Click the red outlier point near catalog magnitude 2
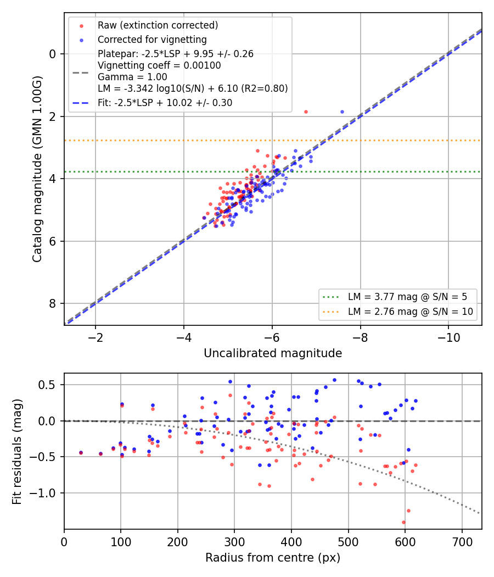[x=306, y=112]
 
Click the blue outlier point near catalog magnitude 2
[x=342, y=112]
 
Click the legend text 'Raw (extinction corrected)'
[x=158, y=25]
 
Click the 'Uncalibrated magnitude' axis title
[x=273, y=353]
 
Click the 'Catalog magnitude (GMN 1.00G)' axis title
[x=37, y=169]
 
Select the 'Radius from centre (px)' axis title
[x=273, y=558]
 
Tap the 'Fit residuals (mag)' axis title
[x=17, y=452]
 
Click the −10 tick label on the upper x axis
[x=448, y=337]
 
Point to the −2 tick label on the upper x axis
[x=96, y=337]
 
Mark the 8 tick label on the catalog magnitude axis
[x=52, y=303]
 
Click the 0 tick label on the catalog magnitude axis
[x=52, y=54]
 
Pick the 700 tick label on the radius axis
[x=462, y=542]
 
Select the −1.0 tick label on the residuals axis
[x=42, y=493]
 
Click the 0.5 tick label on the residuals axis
[x=47, y=385]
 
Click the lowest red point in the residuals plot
[x=403, y=522]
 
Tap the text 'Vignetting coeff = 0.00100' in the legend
[x=159, y=65]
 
